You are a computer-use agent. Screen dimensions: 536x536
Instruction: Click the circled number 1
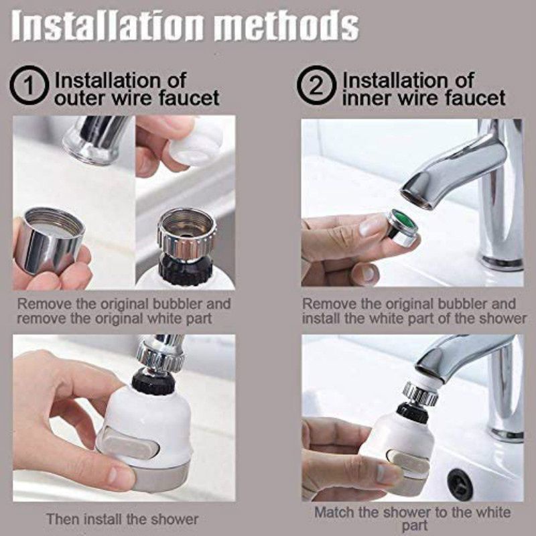coord(28,86)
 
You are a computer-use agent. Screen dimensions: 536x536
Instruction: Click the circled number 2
coord(316,86)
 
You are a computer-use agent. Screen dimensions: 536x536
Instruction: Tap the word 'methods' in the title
coord(287,26)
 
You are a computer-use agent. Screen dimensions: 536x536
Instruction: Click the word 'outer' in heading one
coord(78,98)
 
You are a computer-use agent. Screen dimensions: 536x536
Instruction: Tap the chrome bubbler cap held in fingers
coord(50,241)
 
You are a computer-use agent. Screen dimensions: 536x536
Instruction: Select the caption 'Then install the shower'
coord(123,519)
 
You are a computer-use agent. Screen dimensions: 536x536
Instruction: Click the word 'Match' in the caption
coord(333,512)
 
